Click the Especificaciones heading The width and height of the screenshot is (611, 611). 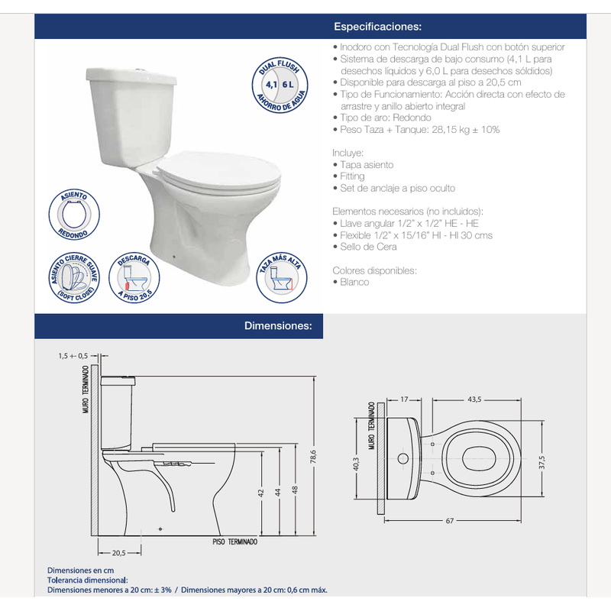(377, 27)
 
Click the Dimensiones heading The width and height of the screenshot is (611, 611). (278, 326)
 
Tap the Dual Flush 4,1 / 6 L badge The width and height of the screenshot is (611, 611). (280, 85)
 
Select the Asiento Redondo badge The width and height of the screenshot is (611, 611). (74, 215)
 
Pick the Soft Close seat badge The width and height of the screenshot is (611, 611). (74, 277)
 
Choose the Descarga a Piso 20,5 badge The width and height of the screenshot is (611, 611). (134, 277)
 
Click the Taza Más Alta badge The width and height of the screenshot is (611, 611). (281, 277)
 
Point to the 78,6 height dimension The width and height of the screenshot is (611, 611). (313, 457)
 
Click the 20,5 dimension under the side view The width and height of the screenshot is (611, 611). (119, 553)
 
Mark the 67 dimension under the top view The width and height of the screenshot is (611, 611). (450, 521)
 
